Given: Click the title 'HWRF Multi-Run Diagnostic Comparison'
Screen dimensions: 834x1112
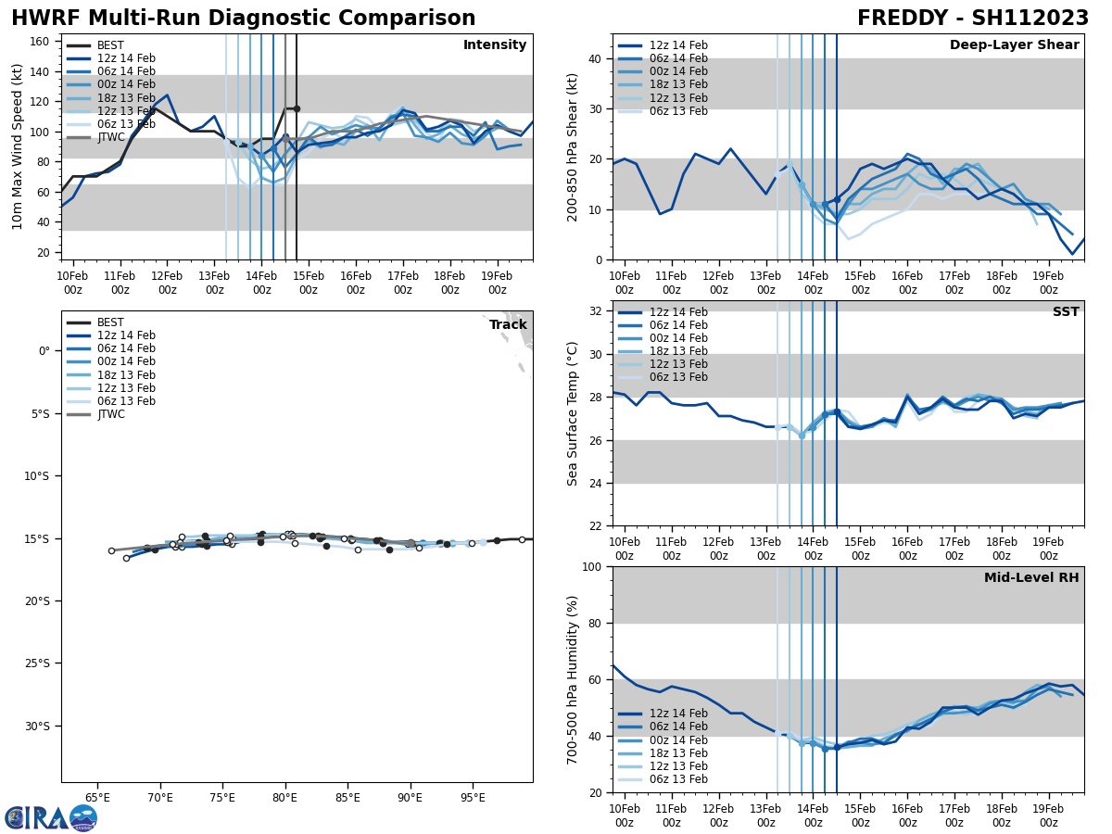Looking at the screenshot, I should click(243, 19).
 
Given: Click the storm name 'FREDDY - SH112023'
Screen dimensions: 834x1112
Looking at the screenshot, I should click(972, 19).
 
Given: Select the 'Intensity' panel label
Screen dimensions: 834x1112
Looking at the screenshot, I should click(495, 45).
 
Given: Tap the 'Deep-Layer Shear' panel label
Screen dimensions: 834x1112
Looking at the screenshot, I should click(1014, 45).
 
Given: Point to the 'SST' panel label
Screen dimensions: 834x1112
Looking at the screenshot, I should click(1065, 312).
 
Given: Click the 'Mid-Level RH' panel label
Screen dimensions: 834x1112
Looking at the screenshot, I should click(1031, 578).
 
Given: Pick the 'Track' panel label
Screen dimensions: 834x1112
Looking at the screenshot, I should click(508, 325).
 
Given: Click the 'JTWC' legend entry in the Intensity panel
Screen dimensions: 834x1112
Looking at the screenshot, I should click(110, 137).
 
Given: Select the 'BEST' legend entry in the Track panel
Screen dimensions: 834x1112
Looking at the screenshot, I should click(110, 322).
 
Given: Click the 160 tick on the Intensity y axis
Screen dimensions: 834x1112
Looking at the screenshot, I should click(41, 42).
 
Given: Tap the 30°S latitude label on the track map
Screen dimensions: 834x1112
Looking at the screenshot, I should click(37, 726).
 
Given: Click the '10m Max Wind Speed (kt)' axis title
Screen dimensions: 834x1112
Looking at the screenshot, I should click(18, 147).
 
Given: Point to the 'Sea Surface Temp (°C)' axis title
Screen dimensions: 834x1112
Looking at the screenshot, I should click(573, 413).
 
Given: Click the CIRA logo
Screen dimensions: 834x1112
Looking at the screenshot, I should click(51, 817).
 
